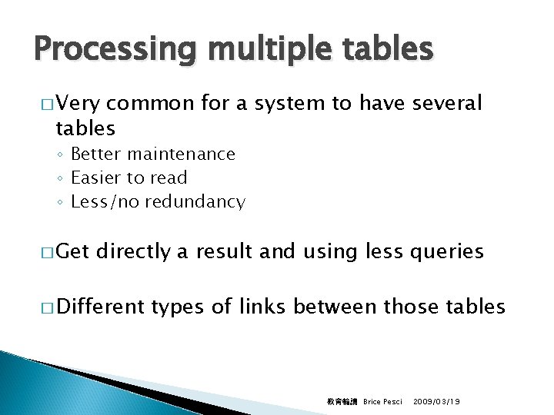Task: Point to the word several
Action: pos(444,103)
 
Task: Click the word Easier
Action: pos(95,178)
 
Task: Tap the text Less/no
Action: pos(105,202)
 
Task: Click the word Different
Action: pos(101,307)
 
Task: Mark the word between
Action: pos(335,307)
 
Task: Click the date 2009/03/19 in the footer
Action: pos(437,402)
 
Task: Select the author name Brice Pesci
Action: pos(382,402)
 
